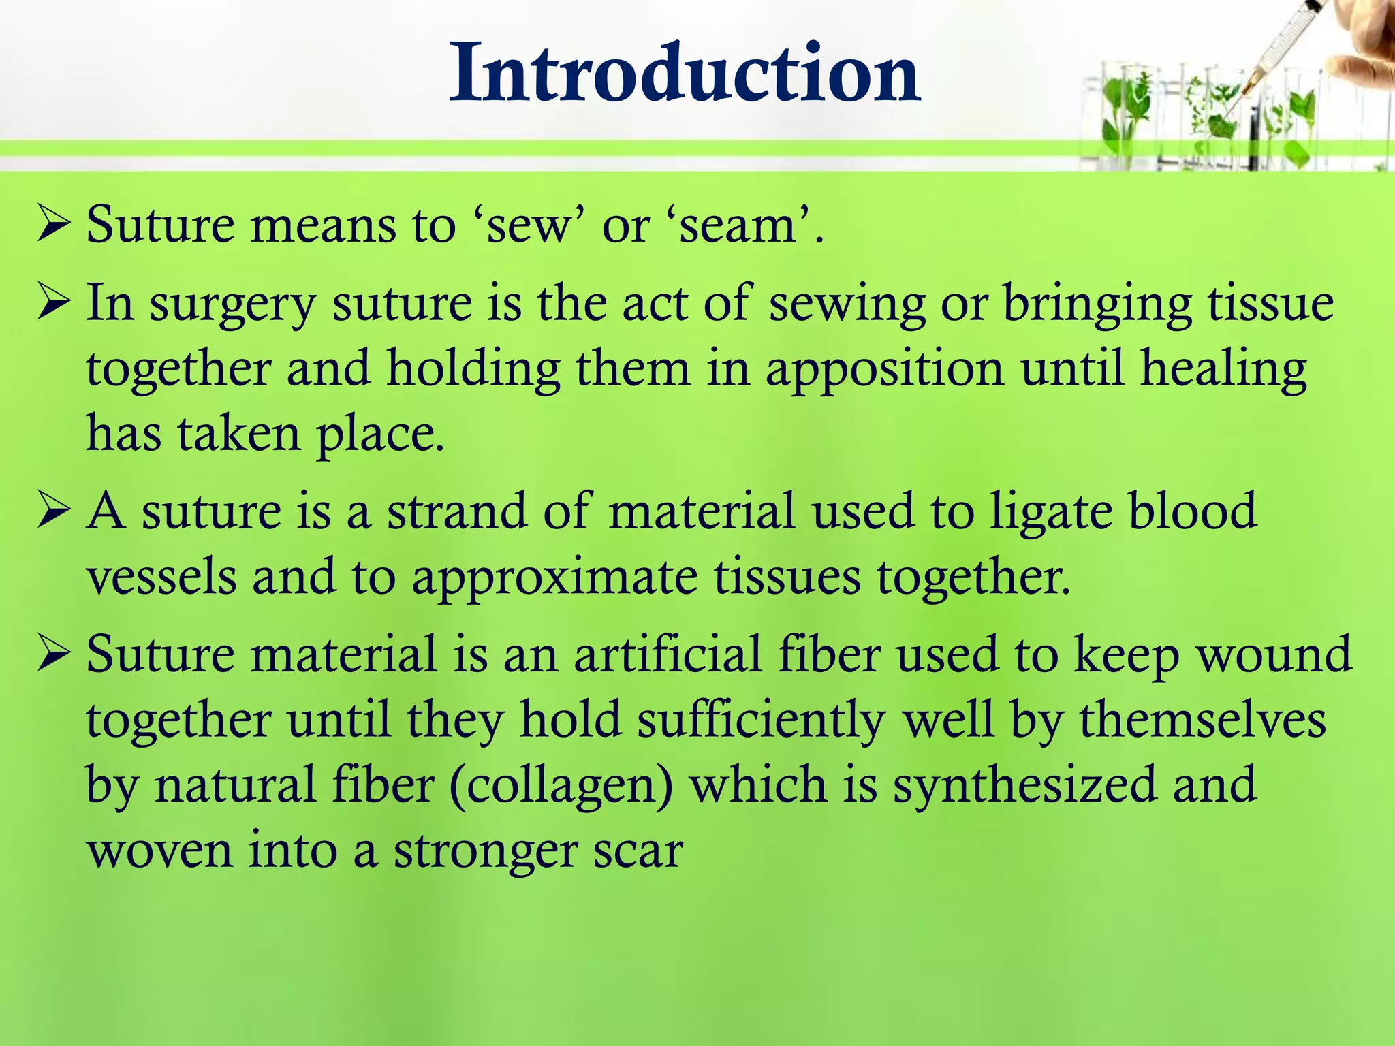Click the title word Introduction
pyautogui.click(x=685, y=73)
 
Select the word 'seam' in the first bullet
pyautogui.click(x=738, y=226)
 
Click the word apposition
pyautogui.click(x=884, y=369)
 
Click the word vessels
pyautogui.click(x=161, y=577)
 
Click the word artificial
pyautogui.click(x=667, y=654)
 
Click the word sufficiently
pyautogui.click(x=761, y=720)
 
